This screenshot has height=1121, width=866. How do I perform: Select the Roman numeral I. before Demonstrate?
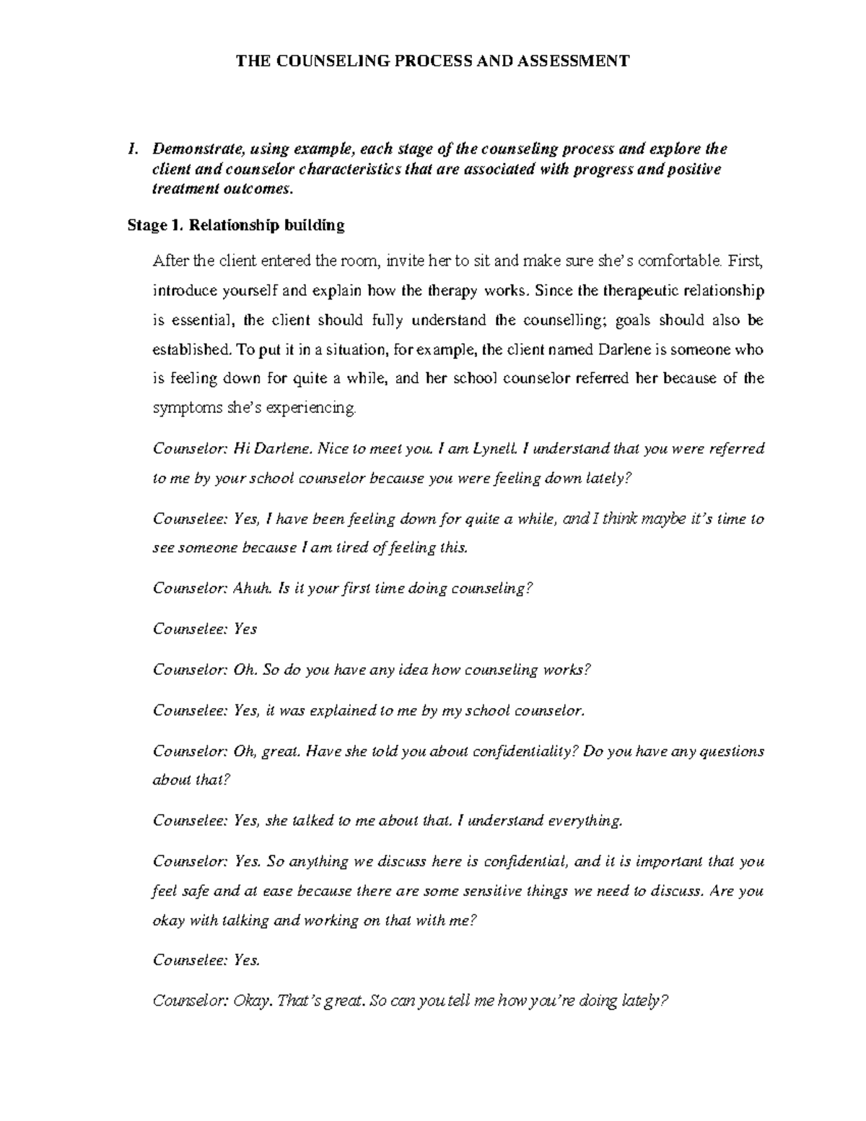click(131, 149)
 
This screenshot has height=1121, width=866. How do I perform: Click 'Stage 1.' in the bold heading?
click(154, 225)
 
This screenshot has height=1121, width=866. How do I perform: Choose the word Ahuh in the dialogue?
click(253, 588)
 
